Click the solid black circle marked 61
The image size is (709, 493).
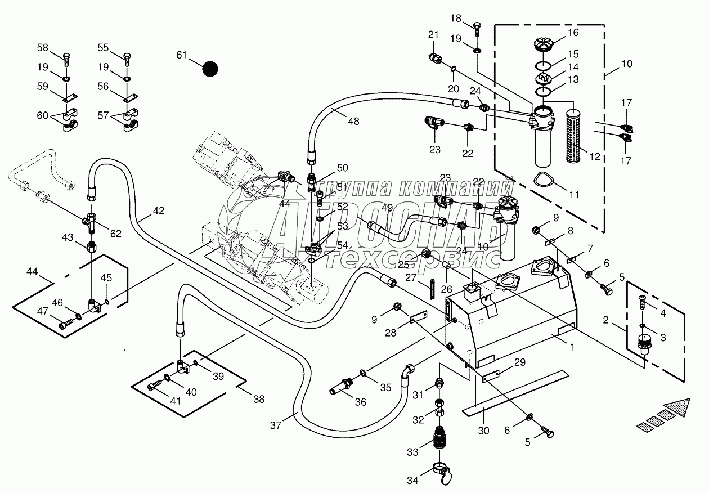[x=210, y=69]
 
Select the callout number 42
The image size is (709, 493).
[x=158, y=211]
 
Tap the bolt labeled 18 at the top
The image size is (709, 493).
[x=477, y=28]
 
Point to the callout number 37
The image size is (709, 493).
[x=275, y=425]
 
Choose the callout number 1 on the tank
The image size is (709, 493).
[x=572, y=347]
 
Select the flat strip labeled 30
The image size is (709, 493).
[x=518, y=391]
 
